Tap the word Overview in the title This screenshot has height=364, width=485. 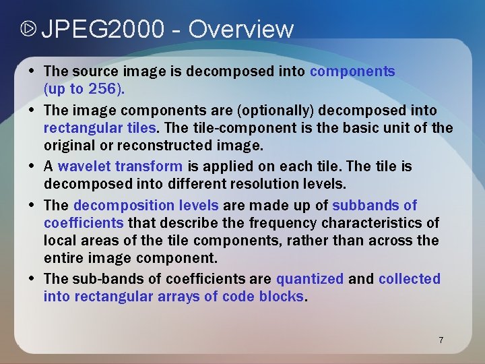(x=241, y=29)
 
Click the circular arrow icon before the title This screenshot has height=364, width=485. (x=28, y=29)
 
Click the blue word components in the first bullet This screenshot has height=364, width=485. (x=352, y=71)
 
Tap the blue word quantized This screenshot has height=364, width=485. (x=310, y=278)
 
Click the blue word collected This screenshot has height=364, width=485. (x=410, y=278)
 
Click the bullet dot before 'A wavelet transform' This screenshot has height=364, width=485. (x=33, y=166)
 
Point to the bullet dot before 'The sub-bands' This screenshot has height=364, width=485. (x=33, y=278)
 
